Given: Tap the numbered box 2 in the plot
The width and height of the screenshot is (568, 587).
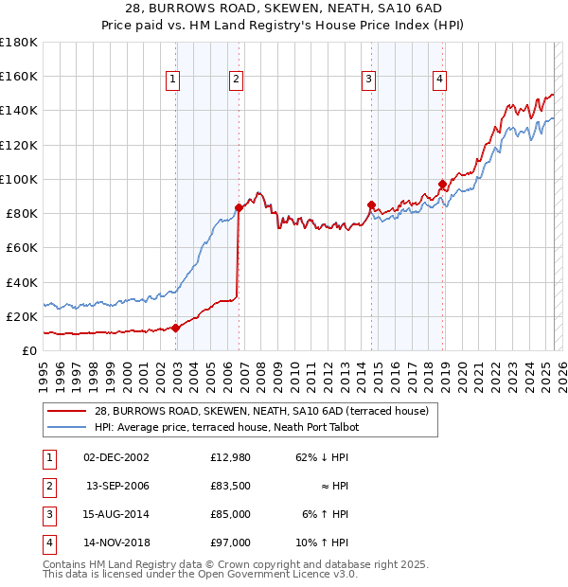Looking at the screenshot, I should [235, 80].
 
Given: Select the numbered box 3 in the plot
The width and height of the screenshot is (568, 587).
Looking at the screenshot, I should [368, 80].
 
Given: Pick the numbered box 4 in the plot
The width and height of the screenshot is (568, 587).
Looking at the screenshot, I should [440, 80].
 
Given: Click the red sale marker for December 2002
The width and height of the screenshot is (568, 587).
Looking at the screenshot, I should [176, 329].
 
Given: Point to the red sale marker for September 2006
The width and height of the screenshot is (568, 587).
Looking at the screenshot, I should [239, 208].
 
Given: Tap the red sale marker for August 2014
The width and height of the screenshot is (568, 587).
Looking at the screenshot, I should [371, 205].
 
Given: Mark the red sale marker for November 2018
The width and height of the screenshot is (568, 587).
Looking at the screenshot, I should [442, 185].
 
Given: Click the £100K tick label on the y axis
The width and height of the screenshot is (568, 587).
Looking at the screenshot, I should [19, 179].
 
